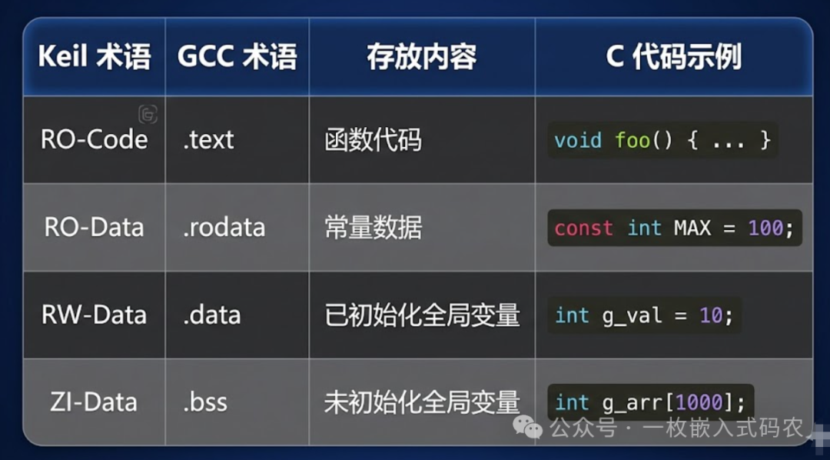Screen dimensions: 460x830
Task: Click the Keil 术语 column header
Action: coord(94,58)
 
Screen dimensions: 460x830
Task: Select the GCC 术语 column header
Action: coord(237,58)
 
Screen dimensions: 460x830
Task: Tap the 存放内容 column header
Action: coord(421,58)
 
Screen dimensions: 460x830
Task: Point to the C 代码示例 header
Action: coord(673,58)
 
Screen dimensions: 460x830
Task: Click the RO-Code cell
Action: coord(94,139)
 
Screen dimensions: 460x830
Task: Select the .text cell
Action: coord(208,140)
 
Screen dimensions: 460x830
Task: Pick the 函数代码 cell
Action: coord(373,140)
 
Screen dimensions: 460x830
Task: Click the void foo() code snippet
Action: coord(662,141)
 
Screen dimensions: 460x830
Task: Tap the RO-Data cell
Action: coord(94,227)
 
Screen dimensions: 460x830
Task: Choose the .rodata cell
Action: coord(224,227)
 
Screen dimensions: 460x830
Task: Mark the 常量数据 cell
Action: coord(373,227)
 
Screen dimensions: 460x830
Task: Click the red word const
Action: coord(583,228)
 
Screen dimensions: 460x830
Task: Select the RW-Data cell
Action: coord(94,315)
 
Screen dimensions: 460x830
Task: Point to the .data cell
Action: coord(211,315)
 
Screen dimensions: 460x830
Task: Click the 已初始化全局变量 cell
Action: coord(422,315)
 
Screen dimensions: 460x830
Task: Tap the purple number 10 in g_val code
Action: coord(710,315)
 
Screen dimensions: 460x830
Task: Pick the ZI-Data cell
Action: coord(94,402)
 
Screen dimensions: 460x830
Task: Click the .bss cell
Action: coord(205,402)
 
